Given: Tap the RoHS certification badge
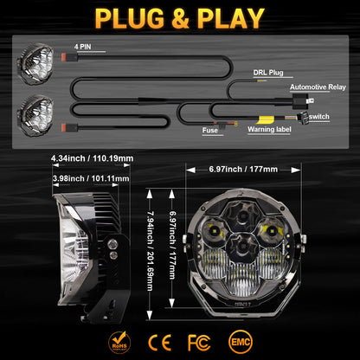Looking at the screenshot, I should pyautogui.click(x=118, y=337).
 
